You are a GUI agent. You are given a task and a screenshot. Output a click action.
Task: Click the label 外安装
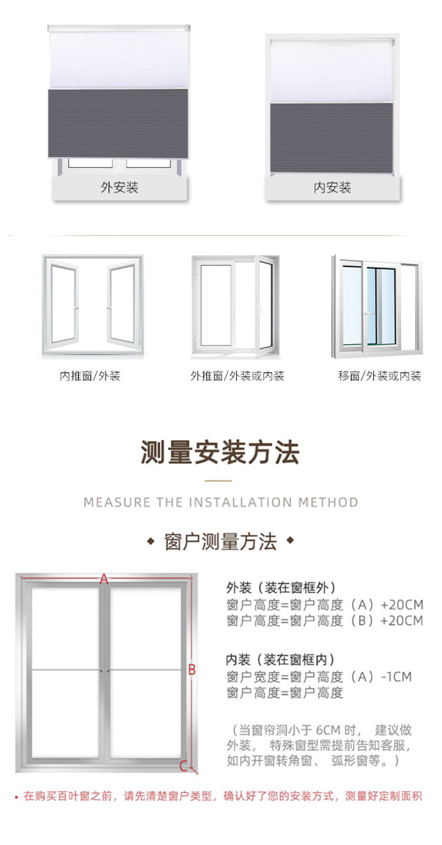pos(119,188)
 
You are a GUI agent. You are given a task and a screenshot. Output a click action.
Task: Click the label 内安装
pos(332,188)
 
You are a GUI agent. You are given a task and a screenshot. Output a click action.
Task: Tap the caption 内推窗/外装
pos(90,376)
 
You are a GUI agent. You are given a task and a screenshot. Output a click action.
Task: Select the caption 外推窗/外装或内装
pos(237,376)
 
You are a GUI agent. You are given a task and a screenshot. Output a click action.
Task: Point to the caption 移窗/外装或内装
pos(380,376)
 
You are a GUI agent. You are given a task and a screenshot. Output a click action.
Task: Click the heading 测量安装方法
pos(220,453)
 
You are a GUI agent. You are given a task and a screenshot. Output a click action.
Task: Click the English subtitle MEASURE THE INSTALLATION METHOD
pos(220,503)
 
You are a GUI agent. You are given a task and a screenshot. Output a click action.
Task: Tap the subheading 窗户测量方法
pos(220,542)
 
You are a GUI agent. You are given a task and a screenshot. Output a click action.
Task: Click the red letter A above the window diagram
pos(104,579)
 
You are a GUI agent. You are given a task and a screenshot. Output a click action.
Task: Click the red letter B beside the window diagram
pos(192,670)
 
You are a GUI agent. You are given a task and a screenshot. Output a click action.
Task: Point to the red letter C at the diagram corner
pos(183,767)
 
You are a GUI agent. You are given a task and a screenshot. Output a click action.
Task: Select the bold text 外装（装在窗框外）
pos(281,588)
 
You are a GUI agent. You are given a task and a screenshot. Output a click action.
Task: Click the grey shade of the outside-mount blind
pos(118,124)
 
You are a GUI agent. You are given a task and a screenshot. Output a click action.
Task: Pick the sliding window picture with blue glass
pos(377,307)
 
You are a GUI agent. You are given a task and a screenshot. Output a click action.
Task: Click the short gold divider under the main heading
pos(220,480)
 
